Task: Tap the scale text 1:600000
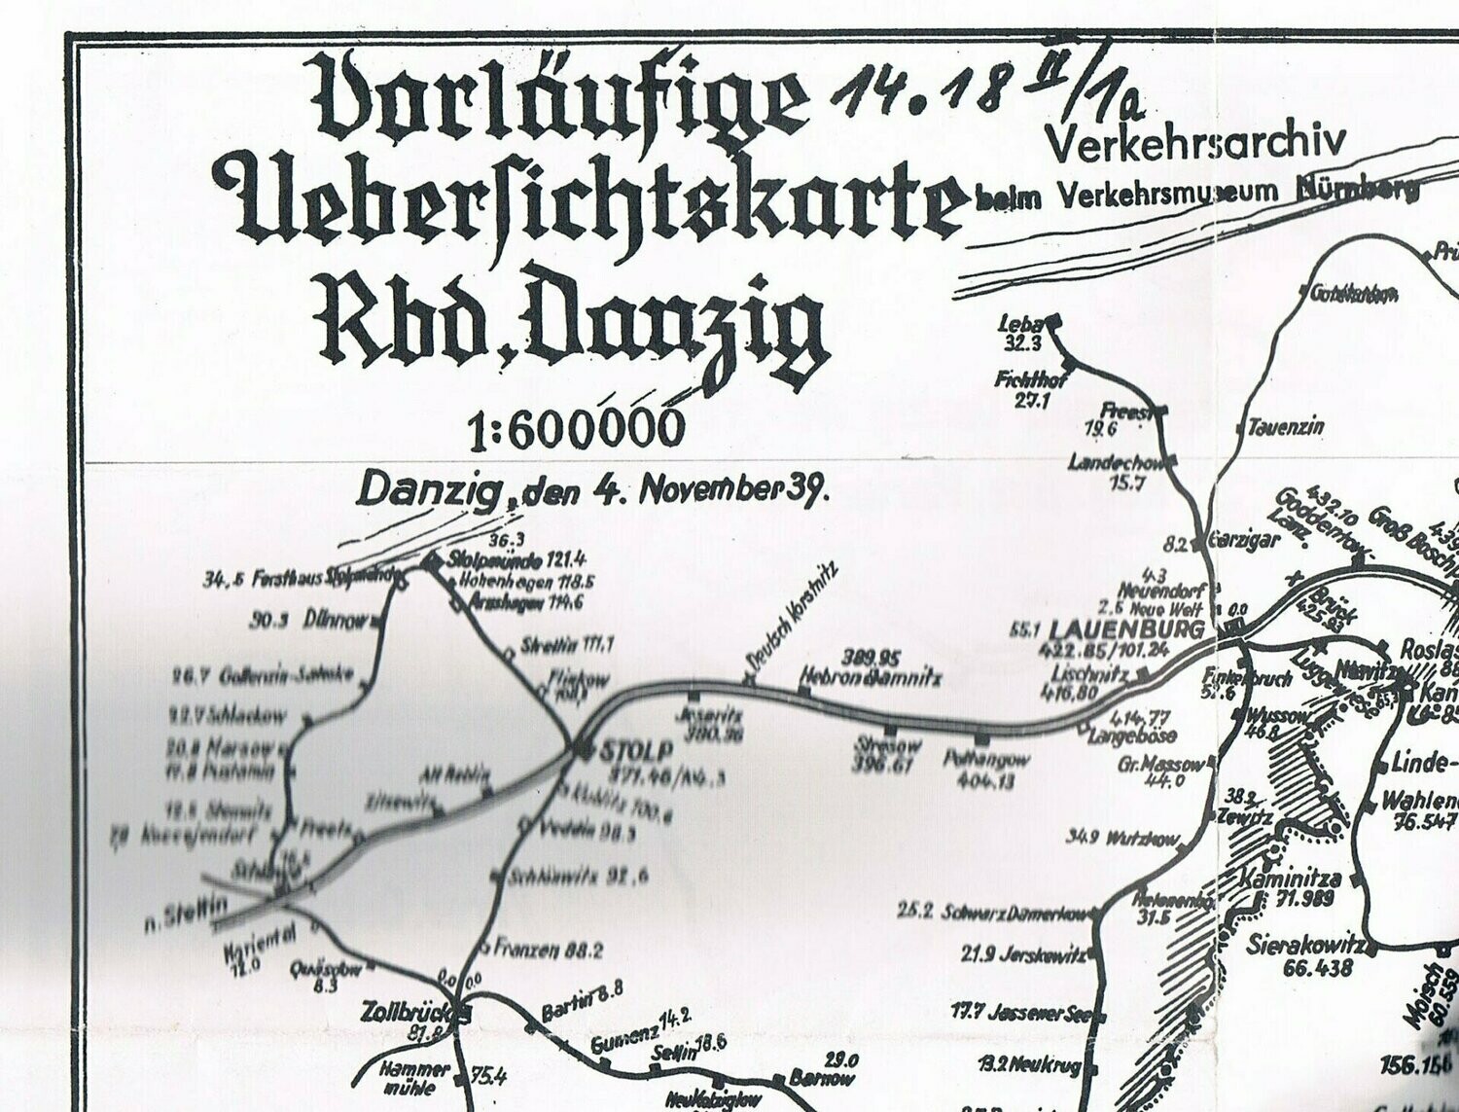(573, 429)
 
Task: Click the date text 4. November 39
(710, 489)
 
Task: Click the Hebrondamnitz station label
(870, 676)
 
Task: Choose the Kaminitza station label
(1291, 879)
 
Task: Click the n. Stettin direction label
(185, 915)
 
